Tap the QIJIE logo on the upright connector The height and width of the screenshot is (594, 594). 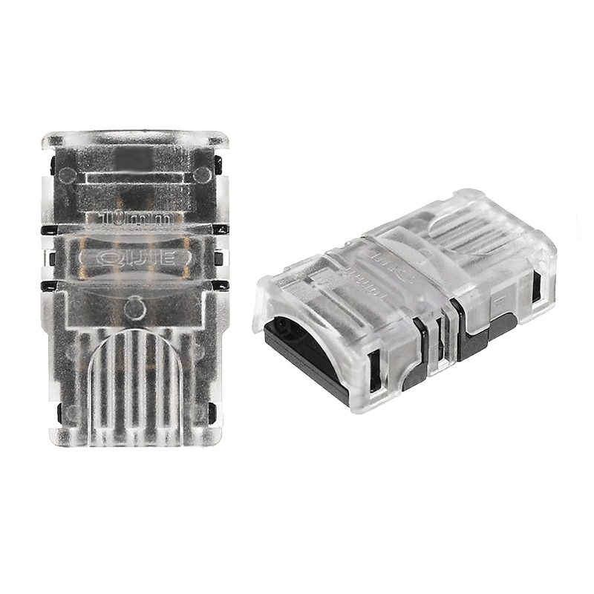(x=135, y=258)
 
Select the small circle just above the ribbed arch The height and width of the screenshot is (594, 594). (x=134, y=307)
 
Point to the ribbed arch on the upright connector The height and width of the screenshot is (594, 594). (x=136, y=386)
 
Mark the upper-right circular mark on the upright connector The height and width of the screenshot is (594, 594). (x=201, y=174)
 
